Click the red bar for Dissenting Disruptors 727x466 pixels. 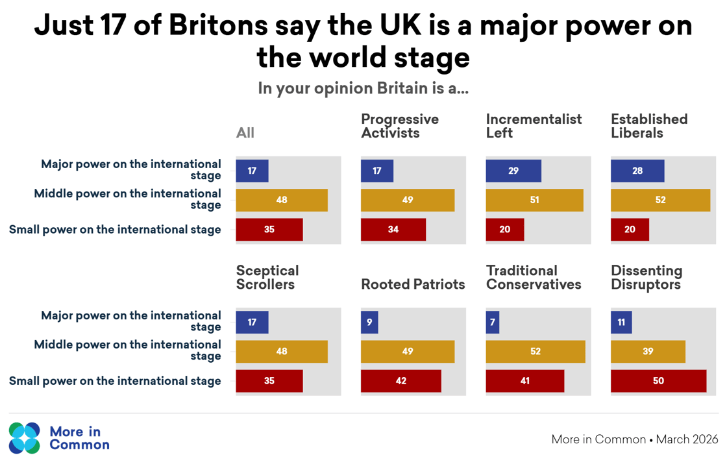pos(658,381)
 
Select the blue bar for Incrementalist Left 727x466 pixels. pos(513,171)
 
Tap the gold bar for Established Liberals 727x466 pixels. pos(660,201)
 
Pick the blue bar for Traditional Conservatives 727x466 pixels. pos(493,323)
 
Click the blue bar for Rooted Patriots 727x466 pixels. pos(369,323)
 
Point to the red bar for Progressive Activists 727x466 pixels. pos(393,230)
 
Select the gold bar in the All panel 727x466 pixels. pos(282,201)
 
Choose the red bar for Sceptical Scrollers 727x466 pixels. pos(269,381)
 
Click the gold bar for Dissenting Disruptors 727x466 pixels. pos(648,352)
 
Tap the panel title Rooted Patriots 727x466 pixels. pos(413,284)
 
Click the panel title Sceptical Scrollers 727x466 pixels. pos(267,277)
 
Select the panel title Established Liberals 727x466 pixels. pos(649,126)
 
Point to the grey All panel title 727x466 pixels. pos(245,133)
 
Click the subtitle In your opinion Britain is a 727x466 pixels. pos(363,88)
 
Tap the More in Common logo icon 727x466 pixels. pos(25,438)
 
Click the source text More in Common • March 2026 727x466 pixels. pos(634,439)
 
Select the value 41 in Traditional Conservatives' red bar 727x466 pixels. pos(524,381)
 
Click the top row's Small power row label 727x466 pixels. pos(115,230)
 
